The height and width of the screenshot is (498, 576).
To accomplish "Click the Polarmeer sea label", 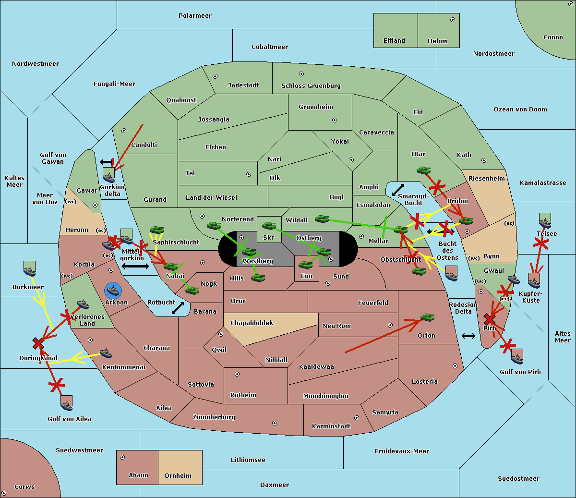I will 195,16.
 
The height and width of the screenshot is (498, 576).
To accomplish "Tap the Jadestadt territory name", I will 243,85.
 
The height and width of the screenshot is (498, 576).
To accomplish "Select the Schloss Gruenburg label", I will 311,85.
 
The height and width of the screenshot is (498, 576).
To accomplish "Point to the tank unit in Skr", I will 269,225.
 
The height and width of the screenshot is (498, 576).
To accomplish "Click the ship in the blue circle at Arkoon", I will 113,290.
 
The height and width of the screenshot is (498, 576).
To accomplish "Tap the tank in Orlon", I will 427,317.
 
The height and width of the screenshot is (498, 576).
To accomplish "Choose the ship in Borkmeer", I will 30,269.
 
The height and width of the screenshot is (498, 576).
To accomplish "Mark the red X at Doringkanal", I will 38,343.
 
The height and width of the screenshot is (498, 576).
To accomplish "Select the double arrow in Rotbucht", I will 178,308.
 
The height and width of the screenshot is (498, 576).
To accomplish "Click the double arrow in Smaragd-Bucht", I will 398,190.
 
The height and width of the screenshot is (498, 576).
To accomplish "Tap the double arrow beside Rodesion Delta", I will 468,336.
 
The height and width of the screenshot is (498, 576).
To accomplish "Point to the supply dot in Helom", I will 452,20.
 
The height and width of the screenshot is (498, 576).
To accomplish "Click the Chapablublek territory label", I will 252,323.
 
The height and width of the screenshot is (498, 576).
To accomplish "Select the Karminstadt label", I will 331,426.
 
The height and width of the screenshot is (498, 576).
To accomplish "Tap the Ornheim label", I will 178,475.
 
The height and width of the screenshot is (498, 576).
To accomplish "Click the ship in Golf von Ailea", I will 66,403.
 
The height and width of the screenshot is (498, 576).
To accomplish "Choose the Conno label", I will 553,37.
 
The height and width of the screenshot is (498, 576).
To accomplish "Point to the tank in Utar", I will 423,170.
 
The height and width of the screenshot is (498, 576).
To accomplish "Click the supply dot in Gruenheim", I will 335,120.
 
